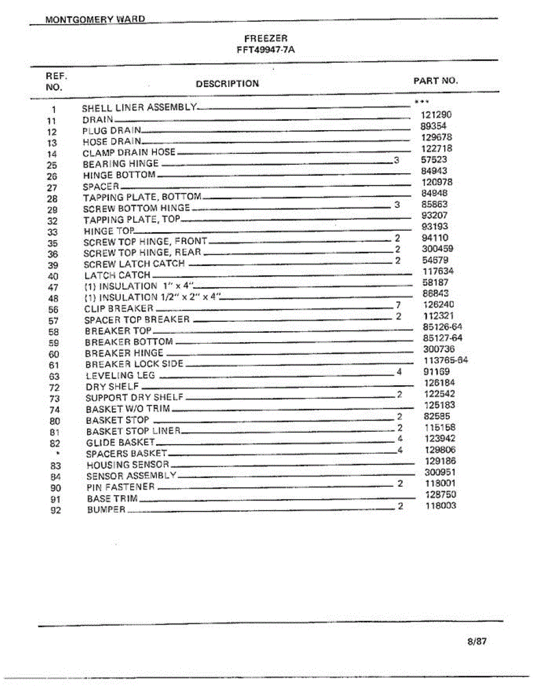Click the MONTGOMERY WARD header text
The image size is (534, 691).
pyautogui.click(x=95, y=20)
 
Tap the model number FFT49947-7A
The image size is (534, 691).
pyautogui.click(x=266, y=50)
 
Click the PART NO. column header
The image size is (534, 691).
pyautogui.click(x=435, y=81)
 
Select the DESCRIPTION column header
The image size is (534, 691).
pyautogui.click(x=227, y=83)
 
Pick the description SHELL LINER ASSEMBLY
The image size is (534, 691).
pyautogui.click(x=139, y=108)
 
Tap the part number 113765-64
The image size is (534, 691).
pyautogui.click(x=445, y=360)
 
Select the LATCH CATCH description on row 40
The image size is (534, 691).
pyautogui.click(x=117, y=275)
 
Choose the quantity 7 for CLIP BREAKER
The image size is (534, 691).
pyautogui.click(x=397, y=305)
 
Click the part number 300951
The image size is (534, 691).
pyautogui.click(x=440, y=472)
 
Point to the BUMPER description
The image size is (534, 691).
pyautogui.click(x=106, y=510)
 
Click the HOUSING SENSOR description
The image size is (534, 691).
pyautogui.click(x=127, y=465)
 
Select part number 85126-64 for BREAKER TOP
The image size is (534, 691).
pyautogui.click(x=442, y=327)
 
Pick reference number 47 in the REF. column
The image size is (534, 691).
pyautogui.click(x=53, y=287)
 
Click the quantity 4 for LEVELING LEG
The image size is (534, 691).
pyautogui.click(x=399, y=372)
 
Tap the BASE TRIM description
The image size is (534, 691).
pyautogui.click(x=112, y=498)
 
